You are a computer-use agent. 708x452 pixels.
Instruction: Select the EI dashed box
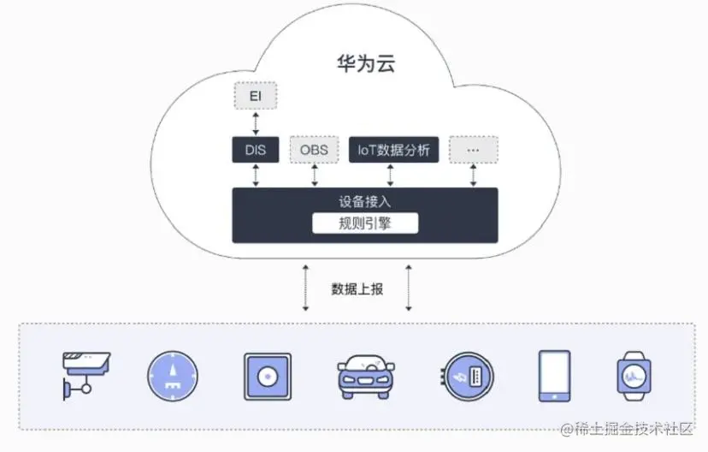[x=255, y=96]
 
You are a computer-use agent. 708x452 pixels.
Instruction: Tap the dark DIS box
[x=255, y=151]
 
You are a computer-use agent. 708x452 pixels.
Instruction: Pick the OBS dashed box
[x=315, y=151]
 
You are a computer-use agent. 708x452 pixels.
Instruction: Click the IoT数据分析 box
[x=393, y=151]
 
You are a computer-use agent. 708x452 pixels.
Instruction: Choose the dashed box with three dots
[x=473, y=151]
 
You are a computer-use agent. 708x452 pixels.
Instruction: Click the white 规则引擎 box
[x=364, y=224]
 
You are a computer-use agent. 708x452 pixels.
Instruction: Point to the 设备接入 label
[x=364, y=202]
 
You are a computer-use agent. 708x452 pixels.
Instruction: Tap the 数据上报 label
[x=357, y=288]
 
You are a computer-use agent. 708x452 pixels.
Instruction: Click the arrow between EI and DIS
[x=255, y=123]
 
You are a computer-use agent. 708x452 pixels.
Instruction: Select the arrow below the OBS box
[x=315, y=175]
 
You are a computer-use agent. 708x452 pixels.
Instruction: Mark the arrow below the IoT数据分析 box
[x=391, y=175]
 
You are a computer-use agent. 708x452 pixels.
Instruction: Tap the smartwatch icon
[x=634, y=376]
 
